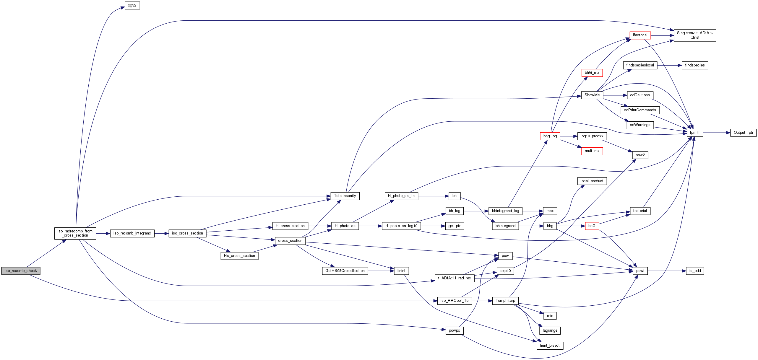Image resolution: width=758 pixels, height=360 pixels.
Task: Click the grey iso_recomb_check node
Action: coord(21,271)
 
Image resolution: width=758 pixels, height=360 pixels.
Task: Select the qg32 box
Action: coord(132,6)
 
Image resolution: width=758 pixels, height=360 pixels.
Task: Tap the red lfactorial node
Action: coord(640,35)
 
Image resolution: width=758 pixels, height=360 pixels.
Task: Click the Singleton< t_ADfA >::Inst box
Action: coord(695,35)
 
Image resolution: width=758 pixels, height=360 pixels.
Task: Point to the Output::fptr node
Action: coord(744,133)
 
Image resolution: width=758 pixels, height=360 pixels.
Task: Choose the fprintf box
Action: coord(695,133)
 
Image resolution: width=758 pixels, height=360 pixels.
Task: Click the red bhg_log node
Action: coord(550,136)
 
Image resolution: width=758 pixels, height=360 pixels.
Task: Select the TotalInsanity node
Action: coord(345,196)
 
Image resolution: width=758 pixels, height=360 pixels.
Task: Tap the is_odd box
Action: coord(695,271)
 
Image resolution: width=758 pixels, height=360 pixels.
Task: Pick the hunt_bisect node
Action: coord(550,346)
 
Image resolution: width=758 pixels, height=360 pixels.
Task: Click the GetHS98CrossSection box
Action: coord(345,271)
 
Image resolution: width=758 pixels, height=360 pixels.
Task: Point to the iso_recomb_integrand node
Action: coord(132,233)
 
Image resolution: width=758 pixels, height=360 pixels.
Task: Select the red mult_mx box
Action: coord(592,151)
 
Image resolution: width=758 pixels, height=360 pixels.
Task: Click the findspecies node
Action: coord(695,65)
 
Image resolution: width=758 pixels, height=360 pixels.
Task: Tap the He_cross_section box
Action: coord(239,256)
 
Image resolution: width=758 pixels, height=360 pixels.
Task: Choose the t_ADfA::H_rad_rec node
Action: coord(455,278)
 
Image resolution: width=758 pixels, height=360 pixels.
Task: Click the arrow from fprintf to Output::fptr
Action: coord(717,133)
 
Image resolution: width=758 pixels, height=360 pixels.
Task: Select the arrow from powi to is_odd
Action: coord(667,271)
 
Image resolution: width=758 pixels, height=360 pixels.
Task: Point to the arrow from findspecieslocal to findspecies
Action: coord(670,65)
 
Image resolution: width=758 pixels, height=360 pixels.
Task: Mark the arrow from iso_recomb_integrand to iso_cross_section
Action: coord(161,233)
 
